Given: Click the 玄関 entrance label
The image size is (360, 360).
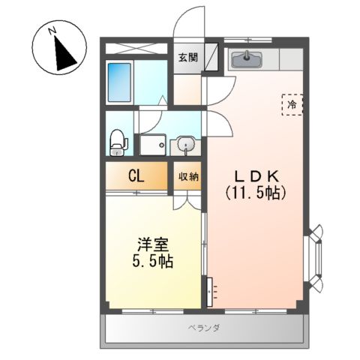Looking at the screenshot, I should point(187,57).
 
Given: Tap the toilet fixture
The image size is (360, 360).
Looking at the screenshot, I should point(117,141).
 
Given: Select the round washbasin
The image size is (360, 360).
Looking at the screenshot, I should point(185,144).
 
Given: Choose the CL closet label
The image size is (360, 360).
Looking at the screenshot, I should point(136,177).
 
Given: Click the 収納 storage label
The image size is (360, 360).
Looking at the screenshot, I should point(187,177).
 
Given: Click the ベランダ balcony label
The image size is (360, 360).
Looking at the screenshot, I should point(203,329).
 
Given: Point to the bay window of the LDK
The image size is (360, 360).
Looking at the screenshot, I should point(316,259).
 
